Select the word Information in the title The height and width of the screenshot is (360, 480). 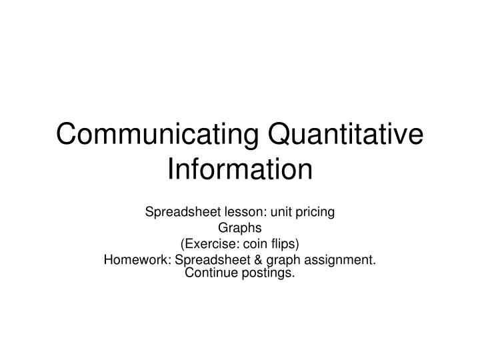[x=240, y=168]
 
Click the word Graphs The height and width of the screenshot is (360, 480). [x=240, y=229]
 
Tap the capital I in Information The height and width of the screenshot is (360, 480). [x=170, y=168]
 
